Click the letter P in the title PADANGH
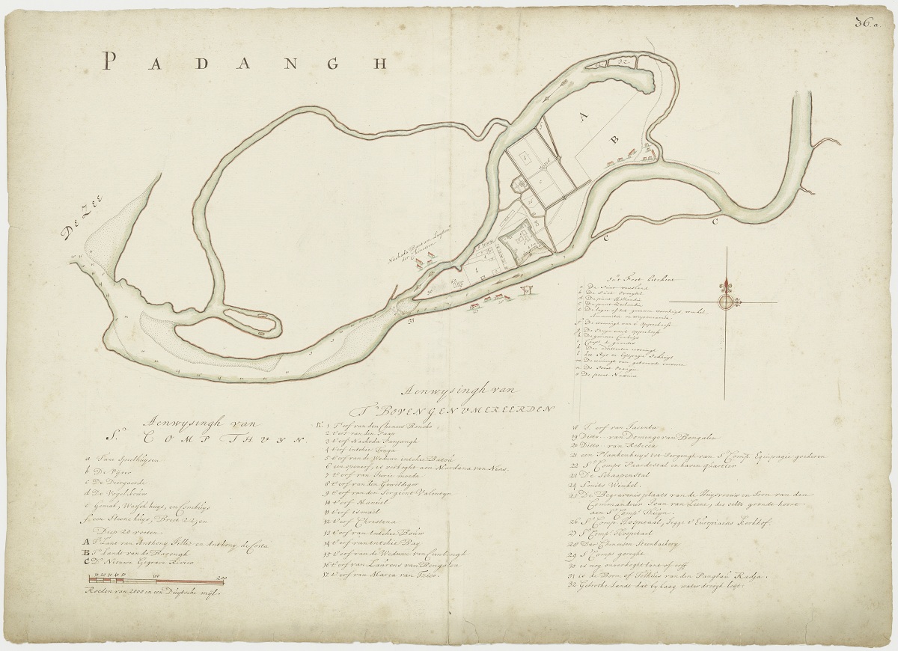point(110,61)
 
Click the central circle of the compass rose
point(725,302)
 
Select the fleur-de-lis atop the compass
point(725,286)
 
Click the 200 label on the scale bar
point(222,577)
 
